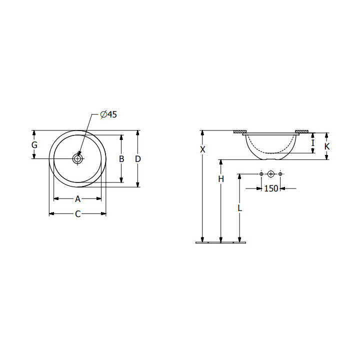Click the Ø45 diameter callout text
click(x=108, y=114)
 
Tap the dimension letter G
click(x=34, y=145)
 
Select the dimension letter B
click(x=121, y=159)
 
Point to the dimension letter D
click(x=138, y=159)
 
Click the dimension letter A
click(x=78, y=199)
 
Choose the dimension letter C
click(x=78, y=214)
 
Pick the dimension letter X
click(x=202, y=149)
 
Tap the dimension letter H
click(x=221, y=179)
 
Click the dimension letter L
click(x=239, y=208)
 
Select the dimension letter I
click(x=312, y=143)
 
